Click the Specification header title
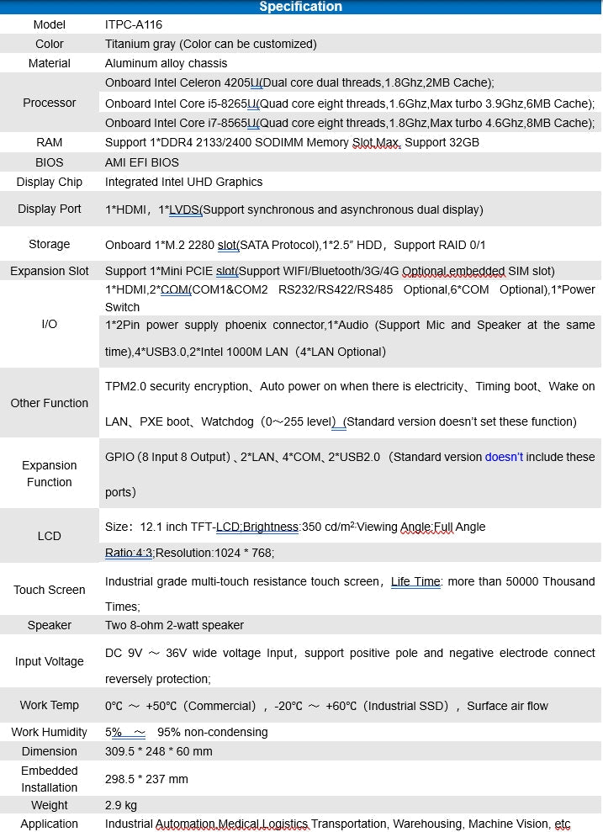pyautogui.click(x=300, y=7)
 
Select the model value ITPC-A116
pyautogui.click(x=134, y=25)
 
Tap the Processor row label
pyautogui.click(x=50, y=103)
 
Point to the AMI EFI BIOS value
pyautogui.click(x=142, y=162)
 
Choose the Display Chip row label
pyautogui.click(x=50, y=182)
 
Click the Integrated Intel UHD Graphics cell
pyautogui.click(x=183, y=182)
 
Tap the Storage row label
pyautogui.click(x=50, y=244)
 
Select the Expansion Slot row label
pyautogui.click(x=50, y=271)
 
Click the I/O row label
pyautogui.click(x=50, y=324)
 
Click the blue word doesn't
pyautogui.click(x=504, y=457)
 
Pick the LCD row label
pyautogui.click(x=50, y=536)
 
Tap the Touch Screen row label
pyautogui.click(x=50, y=590)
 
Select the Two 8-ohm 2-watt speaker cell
pyautogui.click(x=174, y=625)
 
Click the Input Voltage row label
pyautogui.click(x=50, y=661)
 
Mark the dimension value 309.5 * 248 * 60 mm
pyautogui.click(x=159, y=751)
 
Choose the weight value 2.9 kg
pyautogui.click(x=121, y=805)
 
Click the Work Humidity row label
pyautogui.click(x=50, y=732)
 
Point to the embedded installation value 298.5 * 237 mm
pyautogui.click(x=146, y=779)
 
